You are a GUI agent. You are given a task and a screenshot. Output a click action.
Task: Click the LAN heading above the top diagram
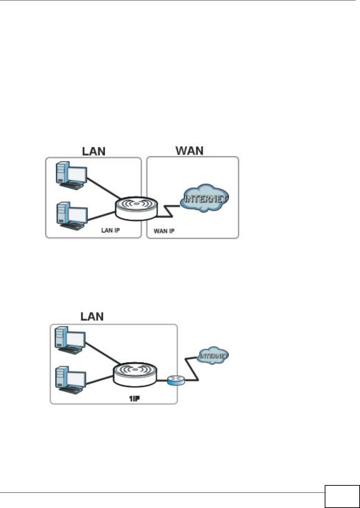click(94, 151)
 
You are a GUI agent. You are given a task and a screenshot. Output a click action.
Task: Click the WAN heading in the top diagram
click(190, 151)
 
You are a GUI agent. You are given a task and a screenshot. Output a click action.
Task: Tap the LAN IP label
click(110, 230)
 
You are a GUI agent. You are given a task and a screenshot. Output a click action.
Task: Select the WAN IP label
click(164, 231)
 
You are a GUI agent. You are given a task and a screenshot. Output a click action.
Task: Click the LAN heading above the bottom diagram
click(92, 316)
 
